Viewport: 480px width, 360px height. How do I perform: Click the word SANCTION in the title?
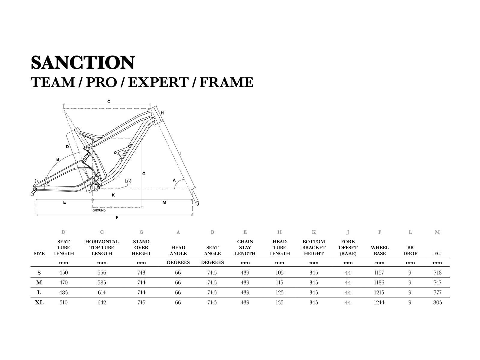(x=83, y=62)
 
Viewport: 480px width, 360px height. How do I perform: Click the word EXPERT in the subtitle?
(x=158, y=82)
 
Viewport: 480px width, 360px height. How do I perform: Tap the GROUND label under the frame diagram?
(x=99, y=210)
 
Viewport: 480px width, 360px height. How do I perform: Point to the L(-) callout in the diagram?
(x=128, y=181)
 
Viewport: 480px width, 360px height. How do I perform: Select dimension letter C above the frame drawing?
(x=109, y=102)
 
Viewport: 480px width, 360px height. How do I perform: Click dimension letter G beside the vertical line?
(x=144, y=174)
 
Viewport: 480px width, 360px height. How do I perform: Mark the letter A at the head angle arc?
(x=174, y=180)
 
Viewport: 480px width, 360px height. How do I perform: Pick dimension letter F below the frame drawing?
(x=117, y=217)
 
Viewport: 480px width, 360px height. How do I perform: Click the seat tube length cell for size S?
(x=64, y=273)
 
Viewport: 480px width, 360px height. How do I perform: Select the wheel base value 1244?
(x=379, y=302)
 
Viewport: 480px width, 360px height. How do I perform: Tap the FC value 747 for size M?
(x=437, y=283)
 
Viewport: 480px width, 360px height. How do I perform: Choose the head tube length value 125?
(x=279, y=292)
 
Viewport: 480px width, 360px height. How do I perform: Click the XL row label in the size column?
(x=39, y=302)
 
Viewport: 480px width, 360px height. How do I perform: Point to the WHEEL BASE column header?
(x=380, y=250)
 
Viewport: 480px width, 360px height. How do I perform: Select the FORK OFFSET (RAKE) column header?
(x=348, y=247)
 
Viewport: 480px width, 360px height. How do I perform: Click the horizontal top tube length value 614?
(x=102, y=292)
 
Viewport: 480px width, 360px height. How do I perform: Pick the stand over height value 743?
(x=141, y=273)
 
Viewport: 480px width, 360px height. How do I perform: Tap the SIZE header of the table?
(x=39, y=253)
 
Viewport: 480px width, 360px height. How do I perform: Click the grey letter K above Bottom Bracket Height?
(x=314, y=232)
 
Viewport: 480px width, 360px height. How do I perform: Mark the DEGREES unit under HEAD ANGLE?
(x=178, y=262)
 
